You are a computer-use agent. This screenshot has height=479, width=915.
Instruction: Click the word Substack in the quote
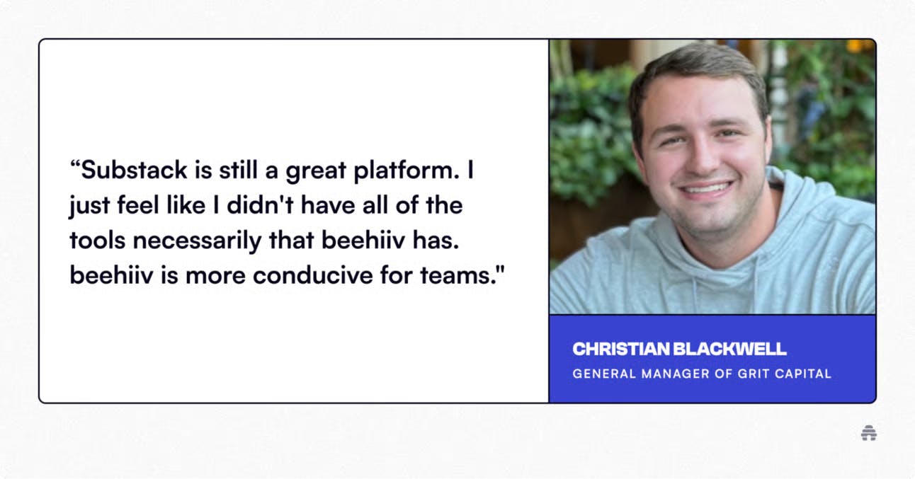(134, 170)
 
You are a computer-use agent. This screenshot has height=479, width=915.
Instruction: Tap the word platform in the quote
(407, 171)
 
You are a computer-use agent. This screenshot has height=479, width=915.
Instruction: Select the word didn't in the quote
(260, 204)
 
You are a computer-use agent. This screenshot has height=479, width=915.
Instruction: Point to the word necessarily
(197, 241)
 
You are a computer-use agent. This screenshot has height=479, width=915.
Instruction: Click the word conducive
(312, 275)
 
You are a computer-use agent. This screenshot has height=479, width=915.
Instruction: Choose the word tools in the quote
(97, 241)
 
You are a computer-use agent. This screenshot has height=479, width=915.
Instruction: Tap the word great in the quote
(316, 171)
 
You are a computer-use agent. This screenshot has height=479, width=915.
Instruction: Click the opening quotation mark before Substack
(75, 163)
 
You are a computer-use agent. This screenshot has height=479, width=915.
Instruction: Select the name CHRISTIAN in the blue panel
(621, 350)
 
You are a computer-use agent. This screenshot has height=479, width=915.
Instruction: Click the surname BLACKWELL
(729, 350)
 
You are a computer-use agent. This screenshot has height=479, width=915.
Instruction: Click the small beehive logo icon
(869, 433)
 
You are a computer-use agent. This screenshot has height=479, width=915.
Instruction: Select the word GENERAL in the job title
(603, 374)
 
